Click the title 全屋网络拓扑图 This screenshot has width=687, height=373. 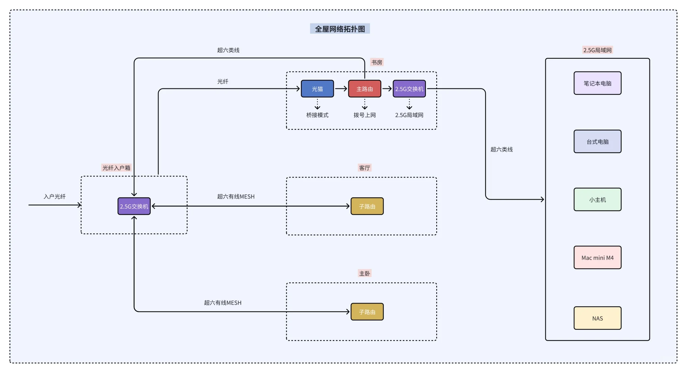click(340, 29)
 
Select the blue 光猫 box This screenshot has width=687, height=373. click(317, 89)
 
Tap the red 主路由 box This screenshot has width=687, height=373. click(364, 89)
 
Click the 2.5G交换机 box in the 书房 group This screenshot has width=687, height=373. click(409, 89)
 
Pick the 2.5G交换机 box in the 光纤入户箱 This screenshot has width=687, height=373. click(134, 206)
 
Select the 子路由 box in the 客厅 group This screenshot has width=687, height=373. click(367, 206)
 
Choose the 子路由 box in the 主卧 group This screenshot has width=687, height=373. click(367, 312)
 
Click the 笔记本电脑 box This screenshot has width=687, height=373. click(597, 83)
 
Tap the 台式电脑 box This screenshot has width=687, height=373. click(597, 142)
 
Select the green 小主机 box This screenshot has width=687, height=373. click(597, 200)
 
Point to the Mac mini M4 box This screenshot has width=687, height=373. click(597, 258)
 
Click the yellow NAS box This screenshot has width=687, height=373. click(597, 318)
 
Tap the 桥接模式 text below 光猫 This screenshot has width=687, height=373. click(317, 115)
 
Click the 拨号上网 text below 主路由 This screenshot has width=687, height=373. click(364, 115)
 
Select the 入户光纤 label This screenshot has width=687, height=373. click(55, 197)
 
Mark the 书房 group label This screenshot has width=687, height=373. click(376, 62)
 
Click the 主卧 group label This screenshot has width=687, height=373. click(364, 274)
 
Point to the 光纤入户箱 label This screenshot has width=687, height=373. click(116, 168)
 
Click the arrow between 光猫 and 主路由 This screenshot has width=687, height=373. click(341, 89)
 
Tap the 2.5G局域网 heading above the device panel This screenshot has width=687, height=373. click(597, 50)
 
